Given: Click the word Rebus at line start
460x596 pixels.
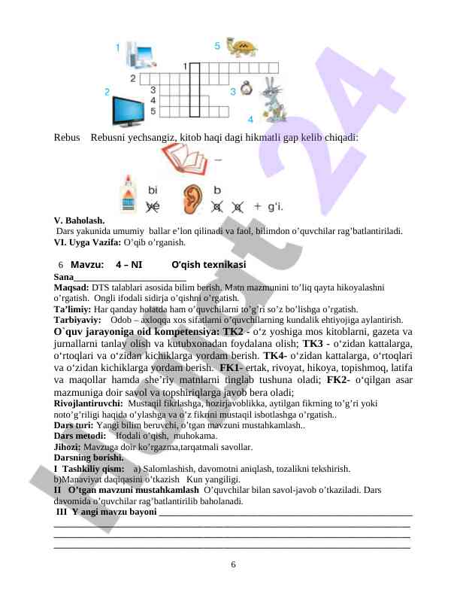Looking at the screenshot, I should click(x=67, y=138).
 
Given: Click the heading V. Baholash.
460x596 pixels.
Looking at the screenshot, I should click(x=80, y=220).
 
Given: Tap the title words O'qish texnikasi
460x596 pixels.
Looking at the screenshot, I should click(x=208, y=265).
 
